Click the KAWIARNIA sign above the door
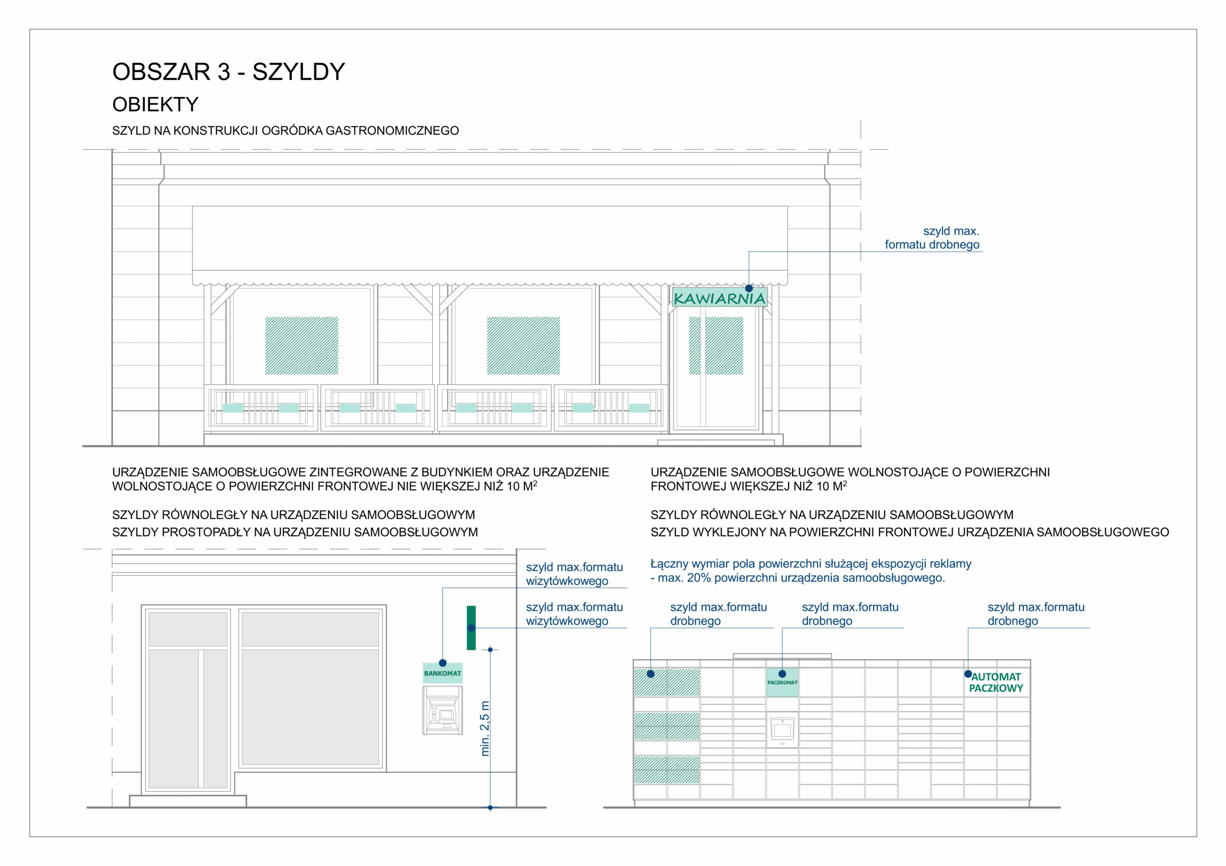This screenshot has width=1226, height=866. (719, 298)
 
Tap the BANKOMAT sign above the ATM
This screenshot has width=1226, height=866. (443, 673)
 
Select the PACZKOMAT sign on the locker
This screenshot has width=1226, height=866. (782, 682)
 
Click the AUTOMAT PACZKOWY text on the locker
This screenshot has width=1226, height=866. (996, 682)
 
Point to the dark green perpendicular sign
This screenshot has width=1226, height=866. (471, 627)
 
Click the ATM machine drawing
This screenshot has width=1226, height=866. (443, 711)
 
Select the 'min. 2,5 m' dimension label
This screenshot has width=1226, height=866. (485, 728)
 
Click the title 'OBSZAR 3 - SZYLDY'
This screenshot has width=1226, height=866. (228, 71)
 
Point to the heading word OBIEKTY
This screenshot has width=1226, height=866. (155, 105)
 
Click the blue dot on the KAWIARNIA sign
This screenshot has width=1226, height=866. (749, 288)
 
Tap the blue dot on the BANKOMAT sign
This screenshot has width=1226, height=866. (443, 663)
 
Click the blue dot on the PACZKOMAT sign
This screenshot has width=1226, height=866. (782, 674)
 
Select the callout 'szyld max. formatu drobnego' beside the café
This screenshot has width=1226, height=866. (932, 238)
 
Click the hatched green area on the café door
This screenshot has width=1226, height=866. (716, 346)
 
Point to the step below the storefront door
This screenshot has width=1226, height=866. (188, 801)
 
